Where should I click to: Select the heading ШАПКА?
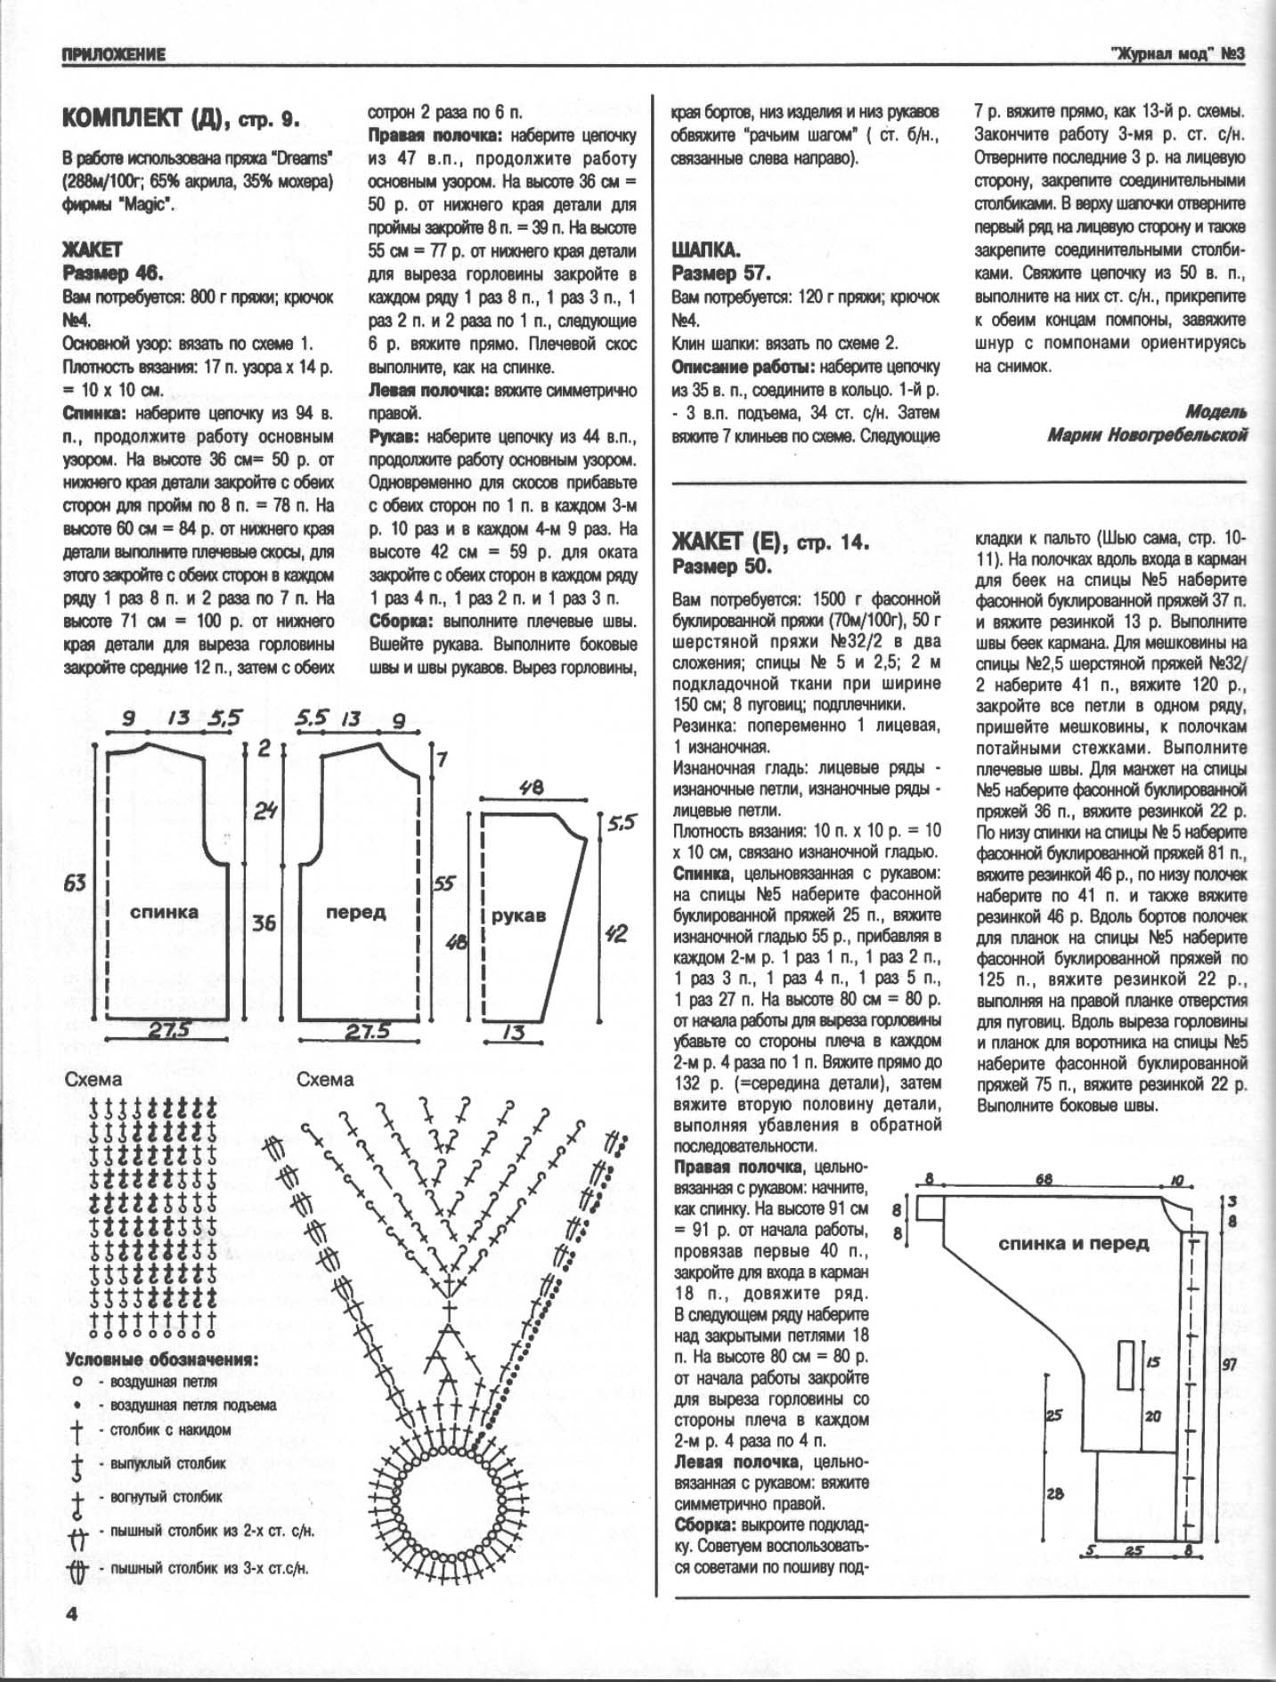pos(705,249)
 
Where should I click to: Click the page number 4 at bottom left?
pos(71,1613)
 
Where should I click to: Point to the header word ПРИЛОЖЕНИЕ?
pos(114,55)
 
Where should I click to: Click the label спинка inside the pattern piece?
pos(164,912)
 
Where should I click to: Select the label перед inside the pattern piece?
pos(355,913)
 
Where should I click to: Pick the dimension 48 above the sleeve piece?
pos(532,788)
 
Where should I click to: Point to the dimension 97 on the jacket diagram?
pos(1229,1364)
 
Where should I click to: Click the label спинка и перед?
pos(1073,1243)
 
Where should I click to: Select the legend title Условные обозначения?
pos(161,1361)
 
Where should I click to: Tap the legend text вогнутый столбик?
pos(166,1497)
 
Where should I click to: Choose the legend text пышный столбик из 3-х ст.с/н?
pos(209,1567)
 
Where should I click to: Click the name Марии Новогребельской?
pos(1147,435)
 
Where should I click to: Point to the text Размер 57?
pos(721,272)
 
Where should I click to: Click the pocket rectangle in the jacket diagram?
pos(1125,1363)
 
